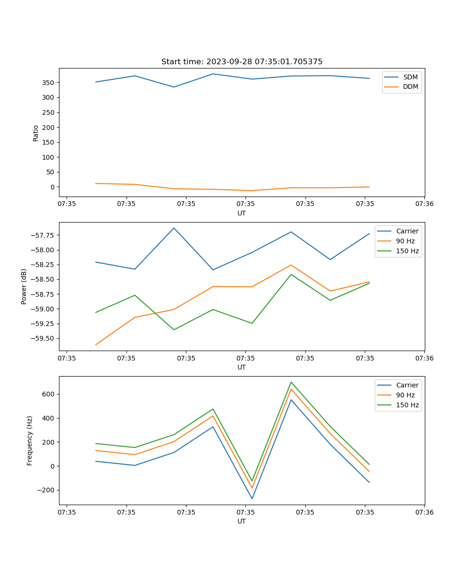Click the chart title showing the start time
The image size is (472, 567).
click(242, 62)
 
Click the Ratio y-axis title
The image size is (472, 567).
click(36, 133)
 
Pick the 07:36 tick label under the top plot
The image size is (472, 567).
click(424, 204)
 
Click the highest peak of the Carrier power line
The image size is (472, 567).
click(174, 228)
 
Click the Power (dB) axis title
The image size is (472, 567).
click(24, 286)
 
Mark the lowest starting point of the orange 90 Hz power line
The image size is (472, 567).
click(96, 344)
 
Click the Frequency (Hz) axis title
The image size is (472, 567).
click(30, 440)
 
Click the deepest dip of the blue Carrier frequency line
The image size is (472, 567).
click(252, 498)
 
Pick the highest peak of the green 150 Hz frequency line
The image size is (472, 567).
click(291, 382)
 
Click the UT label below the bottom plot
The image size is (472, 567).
click(242, 521)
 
